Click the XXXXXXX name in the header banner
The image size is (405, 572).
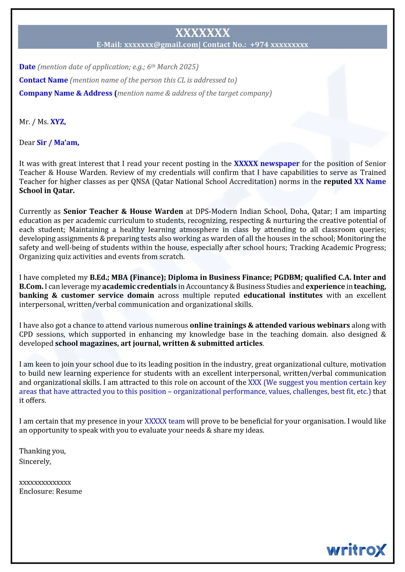(x=202, y=33)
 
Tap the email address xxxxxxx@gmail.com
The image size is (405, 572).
(x=161, y=45)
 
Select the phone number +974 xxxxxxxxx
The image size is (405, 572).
(x=279, y=45)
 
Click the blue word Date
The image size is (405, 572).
(x=27, y=67)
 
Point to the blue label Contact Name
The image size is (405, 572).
(x=44, y=80)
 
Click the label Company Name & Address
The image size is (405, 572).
(x=66, y=93)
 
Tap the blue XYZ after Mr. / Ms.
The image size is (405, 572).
(x=58, y=122)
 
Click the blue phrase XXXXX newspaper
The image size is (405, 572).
(x=266, y=164)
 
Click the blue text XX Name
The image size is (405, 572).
(x=370, y=182)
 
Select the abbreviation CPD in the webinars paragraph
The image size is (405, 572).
(x=26, y=334)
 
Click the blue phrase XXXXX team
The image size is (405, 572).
(x=164, y=421)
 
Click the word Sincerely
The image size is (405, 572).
(x=35, y=462)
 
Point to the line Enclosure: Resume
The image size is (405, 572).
(x=50, y=491)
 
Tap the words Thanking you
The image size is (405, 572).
(x=42, y=451)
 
